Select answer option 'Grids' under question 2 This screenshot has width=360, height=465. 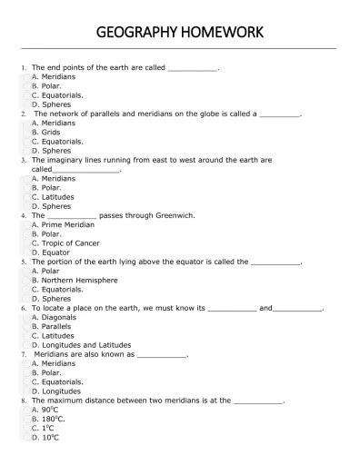(51, 132)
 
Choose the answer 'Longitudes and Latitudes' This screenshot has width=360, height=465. (86, 345)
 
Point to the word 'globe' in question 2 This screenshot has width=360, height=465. (188, 114)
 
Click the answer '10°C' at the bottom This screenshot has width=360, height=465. (52, 437)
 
